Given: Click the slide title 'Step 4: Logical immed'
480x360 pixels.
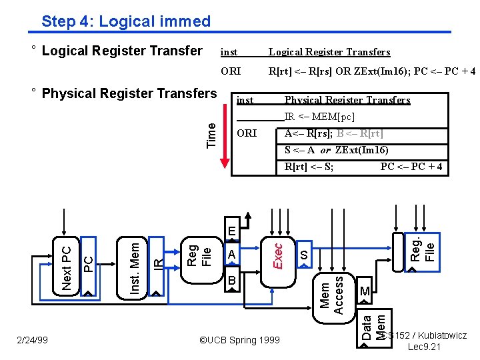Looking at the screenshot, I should tap(125, 21).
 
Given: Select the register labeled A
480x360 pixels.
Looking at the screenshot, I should tap(231, 255).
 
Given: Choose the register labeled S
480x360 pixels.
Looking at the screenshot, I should tap(303, 255).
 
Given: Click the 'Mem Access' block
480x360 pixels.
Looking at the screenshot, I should tap(332, 294).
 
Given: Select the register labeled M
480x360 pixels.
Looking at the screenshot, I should tap(364, 291).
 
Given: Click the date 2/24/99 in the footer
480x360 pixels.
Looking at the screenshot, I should tap(32, 340).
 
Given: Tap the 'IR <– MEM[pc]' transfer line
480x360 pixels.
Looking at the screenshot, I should tap(319, 117).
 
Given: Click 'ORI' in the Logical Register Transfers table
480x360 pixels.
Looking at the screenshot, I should tap(229, 70).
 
